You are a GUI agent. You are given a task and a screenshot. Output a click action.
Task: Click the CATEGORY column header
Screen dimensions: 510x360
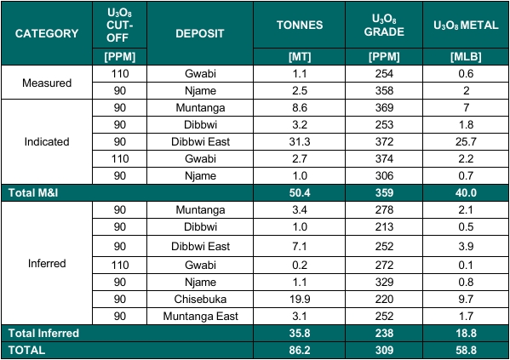coord(47,33)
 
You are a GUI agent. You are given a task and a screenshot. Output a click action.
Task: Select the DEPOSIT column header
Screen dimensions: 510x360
coord(200,33)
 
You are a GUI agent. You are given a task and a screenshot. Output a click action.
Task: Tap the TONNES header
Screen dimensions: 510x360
coord(300,25)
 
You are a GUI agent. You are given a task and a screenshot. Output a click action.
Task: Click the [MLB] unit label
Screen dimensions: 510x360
coord(466,57)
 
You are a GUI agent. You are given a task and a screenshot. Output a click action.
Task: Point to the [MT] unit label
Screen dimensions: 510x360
coord(300,57)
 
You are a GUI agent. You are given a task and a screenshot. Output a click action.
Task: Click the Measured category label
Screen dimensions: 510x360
coord(47,83)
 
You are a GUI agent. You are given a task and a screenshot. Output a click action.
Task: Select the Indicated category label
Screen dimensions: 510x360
coord(47,142)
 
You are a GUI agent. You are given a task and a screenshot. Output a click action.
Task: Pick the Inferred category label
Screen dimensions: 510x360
coord(47,263)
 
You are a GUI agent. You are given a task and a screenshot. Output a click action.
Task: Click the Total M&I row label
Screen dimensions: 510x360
coord(33,193)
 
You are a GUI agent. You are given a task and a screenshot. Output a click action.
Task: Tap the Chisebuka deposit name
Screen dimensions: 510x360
coord(200,300)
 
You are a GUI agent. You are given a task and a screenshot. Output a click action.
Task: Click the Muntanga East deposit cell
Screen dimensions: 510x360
coord(200,316)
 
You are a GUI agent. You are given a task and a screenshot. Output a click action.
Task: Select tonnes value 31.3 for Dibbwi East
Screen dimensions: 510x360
coord(300,142)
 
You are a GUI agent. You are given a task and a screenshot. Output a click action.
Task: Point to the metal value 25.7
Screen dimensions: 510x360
coord(466,142)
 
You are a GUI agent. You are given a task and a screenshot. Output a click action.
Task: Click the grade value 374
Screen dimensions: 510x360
coord(384,158)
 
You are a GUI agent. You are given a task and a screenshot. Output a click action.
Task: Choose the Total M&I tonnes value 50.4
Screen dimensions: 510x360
coord(300,193)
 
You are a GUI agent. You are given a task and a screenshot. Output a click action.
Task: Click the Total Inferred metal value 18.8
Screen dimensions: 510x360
coord(466,334)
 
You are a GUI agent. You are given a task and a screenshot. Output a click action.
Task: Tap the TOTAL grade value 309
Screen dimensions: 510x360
coord(384,351)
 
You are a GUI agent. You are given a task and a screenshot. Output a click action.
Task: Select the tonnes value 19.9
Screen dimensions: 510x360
coord(300,300)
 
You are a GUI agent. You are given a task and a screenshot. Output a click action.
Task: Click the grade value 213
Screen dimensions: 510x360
coord(384,226)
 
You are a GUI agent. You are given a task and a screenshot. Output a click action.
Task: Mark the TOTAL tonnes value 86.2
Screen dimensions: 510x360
coord(300,351)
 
